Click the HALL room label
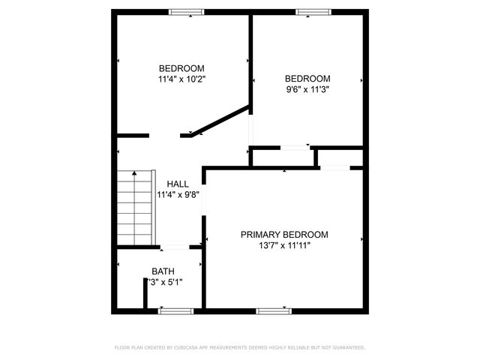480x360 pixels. [x=178, y=184]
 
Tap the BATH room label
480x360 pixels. [x=163, y=271]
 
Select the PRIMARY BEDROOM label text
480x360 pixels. [x=284, y=234]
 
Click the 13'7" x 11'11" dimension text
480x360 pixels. [x=284, y=244]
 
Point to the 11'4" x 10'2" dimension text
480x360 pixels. [x=181, y=79]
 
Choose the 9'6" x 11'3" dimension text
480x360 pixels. [x=307, y=89]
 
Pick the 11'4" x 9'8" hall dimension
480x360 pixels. [x=178, y=194]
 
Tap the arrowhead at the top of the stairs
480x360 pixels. [x=134, y=173]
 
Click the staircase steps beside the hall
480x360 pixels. [x=134, y=210]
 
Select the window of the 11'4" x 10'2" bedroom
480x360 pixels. [x=186, y=11]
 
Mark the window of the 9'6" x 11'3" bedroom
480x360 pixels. [x=312, y=11]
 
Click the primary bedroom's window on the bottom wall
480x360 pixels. [x=273, y=310]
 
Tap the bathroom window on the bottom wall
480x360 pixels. [x=175, y=310]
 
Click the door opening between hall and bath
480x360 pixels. [x=175, y=246]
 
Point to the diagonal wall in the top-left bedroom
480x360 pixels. [x=221, y=120]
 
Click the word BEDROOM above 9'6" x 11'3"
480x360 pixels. [x=307, y=79]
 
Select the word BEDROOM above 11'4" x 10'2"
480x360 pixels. [x=181, y=68]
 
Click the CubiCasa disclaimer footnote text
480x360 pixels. [x=240, y=347]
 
